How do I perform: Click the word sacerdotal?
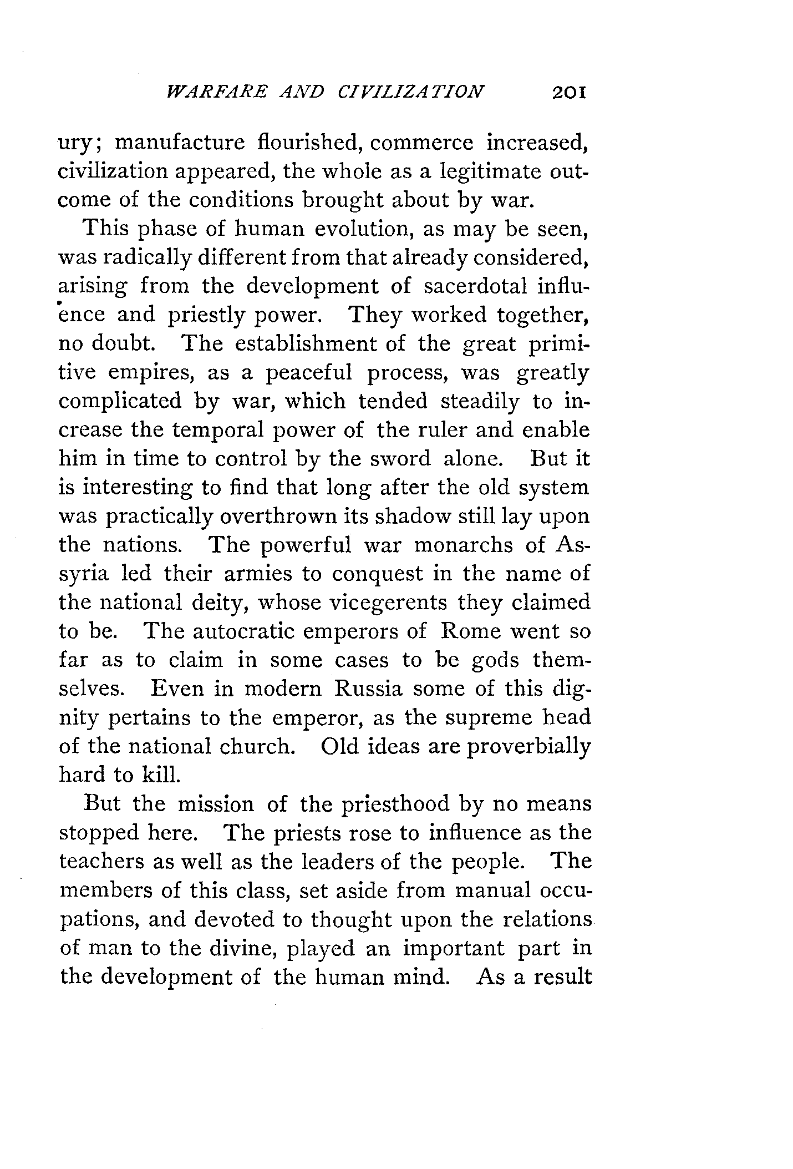(475, 286)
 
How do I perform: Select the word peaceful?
(309, 372)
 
